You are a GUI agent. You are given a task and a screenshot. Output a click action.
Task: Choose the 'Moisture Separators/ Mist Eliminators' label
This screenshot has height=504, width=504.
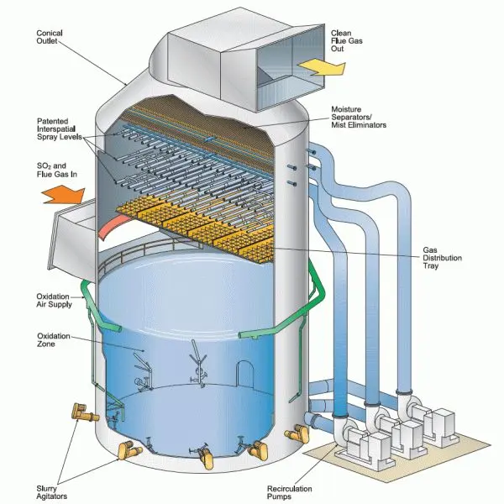tap(359, 117)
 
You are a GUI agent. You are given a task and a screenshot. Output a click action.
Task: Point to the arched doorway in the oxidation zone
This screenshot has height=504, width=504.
tap(244, 371)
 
